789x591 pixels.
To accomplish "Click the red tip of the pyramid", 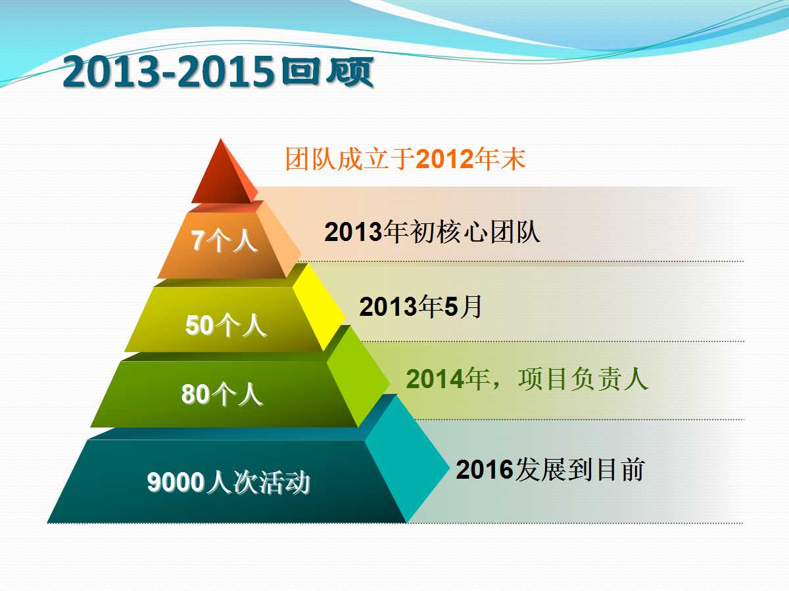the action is (223, 174).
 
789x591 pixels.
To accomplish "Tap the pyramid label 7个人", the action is (224, 240).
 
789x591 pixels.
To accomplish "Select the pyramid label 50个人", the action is (226, 325).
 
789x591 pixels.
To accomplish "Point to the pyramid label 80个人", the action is (222, 393).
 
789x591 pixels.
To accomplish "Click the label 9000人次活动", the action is (228, 481).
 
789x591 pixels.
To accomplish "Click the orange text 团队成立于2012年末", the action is (406, 159).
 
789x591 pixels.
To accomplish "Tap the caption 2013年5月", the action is (421, 307).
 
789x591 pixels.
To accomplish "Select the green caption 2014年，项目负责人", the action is (527, 379).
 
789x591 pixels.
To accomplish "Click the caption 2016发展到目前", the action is (550, 469).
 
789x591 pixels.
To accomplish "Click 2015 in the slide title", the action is (226, 72).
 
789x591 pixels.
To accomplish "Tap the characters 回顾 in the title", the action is (327, 72).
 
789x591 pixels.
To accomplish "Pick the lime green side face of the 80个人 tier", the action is (358, 377).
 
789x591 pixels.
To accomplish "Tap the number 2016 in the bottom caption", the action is (485, 470).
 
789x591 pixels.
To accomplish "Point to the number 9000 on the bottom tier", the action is (176, 482).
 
